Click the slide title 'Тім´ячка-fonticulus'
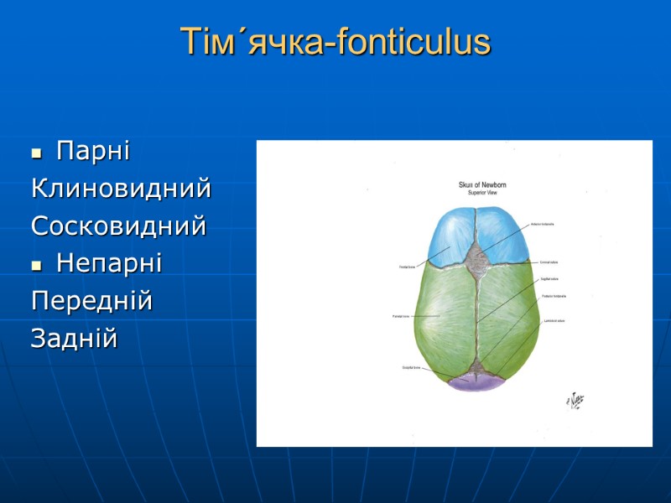coord(335,43)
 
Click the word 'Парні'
coord(92,152)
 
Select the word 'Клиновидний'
coord(121,189)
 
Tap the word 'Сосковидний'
coord(118,226)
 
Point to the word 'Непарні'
coord(109,264)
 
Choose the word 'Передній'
coord(91,301)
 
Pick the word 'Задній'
coord(75,339)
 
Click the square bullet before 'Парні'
coord(36,153)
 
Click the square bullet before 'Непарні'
coord(36,266)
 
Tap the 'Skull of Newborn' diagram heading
coord(482,184)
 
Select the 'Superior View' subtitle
coord(482,192)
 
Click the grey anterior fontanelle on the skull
coord(477,255)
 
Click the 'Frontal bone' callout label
coord(408,267)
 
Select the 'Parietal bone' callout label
coord(400,316)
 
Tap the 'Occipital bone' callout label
coord(410,367)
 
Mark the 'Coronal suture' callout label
coord(549,262)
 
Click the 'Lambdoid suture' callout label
coord(553,320)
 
